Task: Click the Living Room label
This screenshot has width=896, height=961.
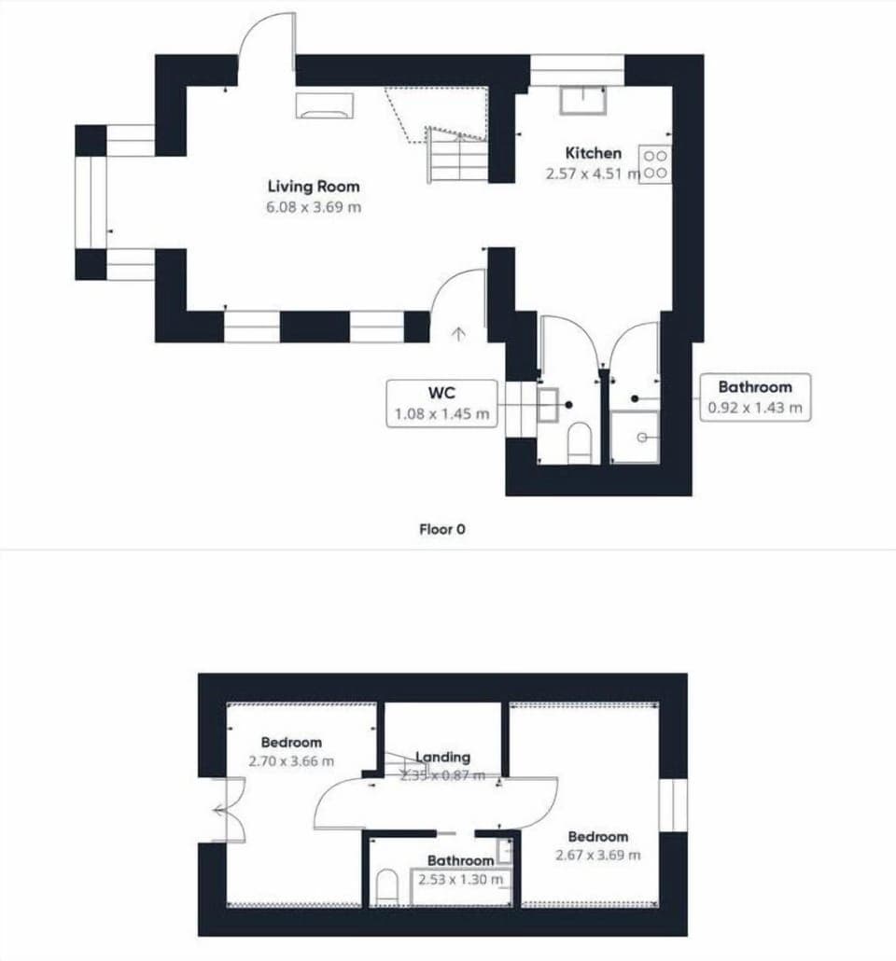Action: pos(313,187)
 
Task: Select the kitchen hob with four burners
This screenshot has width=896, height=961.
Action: pos(654,165)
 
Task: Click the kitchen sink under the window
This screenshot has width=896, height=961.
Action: pos(582,99)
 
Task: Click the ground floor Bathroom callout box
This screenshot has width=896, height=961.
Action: pos(755,397)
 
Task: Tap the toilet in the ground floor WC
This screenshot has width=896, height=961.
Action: pos(580,442)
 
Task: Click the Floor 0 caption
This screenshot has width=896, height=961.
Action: pos(442,530)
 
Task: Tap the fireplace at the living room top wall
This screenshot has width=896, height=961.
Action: pos(325,105)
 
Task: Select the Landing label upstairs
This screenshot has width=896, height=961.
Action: pos(442,758)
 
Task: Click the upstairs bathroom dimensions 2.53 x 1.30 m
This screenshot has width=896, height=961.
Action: pos(460,880)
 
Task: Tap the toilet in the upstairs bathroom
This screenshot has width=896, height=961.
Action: pos(386,887)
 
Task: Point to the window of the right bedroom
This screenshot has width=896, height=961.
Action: pos(672,804)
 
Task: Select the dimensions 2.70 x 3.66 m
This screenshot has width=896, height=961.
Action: pos(291,761)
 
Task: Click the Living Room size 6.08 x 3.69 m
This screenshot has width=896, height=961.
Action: pos(313,207)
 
